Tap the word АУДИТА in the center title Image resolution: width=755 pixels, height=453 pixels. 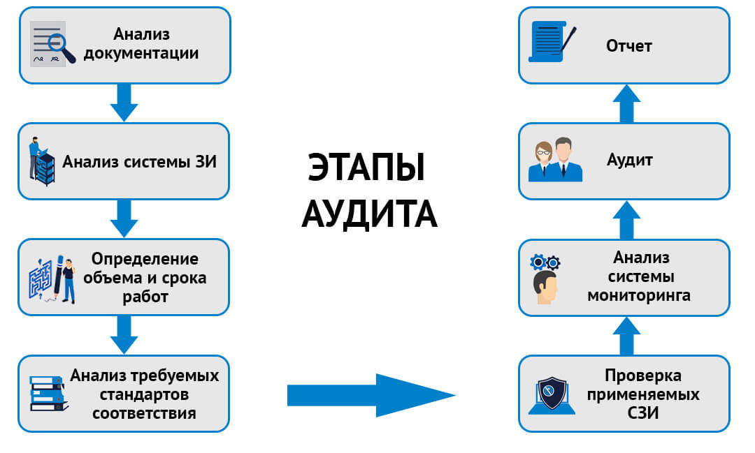coord(369,214)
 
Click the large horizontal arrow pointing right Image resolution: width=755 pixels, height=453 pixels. coord(371,395)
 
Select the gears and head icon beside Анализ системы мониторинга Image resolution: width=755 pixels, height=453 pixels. coord(545,279)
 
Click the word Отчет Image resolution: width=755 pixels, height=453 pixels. coord(628,46)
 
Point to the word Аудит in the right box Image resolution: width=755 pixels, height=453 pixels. coord(629,160)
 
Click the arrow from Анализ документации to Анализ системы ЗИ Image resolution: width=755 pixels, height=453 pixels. coord(124,102)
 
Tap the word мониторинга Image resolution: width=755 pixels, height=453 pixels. coord(638,295)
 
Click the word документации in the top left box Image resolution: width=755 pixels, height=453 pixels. coord(141,53)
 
